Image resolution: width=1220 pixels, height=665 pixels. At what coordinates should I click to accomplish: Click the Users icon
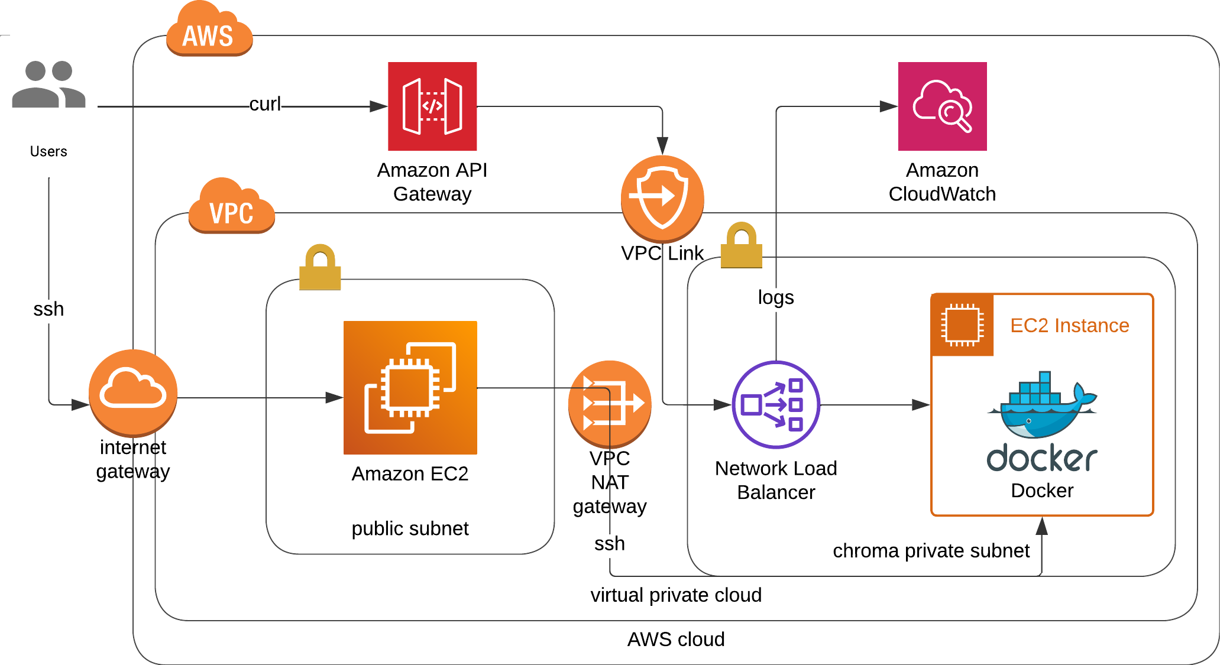pyautogui.click(x=48, y=85)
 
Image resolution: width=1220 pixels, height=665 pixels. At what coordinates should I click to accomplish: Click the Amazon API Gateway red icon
pyautogui.click(x=432, y=106)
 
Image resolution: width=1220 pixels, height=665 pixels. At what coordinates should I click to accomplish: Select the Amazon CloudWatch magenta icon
pyautogui.click(x=942, y=106)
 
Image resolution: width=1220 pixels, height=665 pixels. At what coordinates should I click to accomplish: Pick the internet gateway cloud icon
pyautogui.click(x=133, y=392)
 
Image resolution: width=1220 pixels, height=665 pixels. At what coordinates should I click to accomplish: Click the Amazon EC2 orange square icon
pyautogui.click(x=410, y=387)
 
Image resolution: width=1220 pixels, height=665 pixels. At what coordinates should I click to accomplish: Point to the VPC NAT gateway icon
pyautogui.click(x=610, y=404)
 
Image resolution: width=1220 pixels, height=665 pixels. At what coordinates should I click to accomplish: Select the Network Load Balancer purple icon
pyautogui.click(x=776, y=404)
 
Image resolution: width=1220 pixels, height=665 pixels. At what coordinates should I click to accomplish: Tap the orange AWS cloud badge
pyautogui.click(x=209, y=33)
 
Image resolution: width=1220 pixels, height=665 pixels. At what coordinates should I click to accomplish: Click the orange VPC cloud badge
pyautogui.click(x=231, y=209)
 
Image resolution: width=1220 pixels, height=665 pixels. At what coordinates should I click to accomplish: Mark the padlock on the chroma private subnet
pyautogui.click(x=741, y=245)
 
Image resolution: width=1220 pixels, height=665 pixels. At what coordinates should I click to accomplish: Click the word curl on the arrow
pyautogui.click(x=265, y=104)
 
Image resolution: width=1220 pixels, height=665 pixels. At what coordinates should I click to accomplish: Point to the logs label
pyautogui.click(x=776, y=297)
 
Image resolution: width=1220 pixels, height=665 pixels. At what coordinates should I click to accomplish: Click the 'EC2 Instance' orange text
pyautogui.click(x=1069, y=326)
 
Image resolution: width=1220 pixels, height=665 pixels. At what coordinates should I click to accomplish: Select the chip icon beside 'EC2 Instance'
pyautogui.click(x=962, y=325)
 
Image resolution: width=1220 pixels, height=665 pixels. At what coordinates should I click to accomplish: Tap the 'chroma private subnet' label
pyautogui.click(x=931, y=551)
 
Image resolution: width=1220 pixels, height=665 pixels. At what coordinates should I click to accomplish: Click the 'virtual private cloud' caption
pyautogui.click(x=675, y=595)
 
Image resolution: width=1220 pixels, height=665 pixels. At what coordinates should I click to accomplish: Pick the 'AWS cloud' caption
pyautogui.click(x=675, y=640)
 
